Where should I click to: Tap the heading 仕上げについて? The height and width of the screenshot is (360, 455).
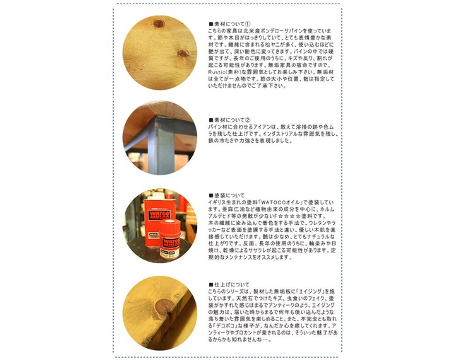click(227, 284)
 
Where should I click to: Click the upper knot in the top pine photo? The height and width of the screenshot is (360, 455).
click(158, 25)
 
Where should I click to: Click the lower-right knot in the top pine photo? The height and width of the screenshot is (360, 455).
click(183, 53)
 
